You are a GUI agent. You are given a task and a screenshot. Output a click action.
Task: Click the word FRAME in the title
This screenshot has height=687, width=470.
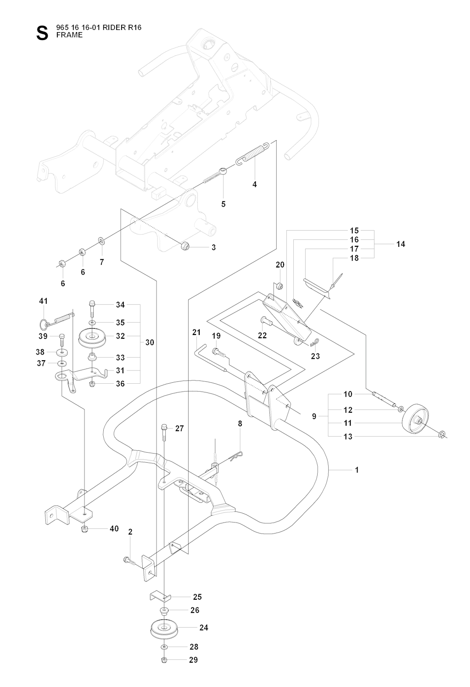click(70, 35)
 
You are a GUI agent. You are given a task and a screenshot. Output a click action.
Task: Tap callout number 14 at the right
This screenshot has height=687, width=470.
click(400, 244)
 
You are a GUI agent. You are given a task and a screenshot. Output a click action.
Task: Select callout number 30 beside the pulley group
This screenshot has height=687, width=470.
click(150, 342)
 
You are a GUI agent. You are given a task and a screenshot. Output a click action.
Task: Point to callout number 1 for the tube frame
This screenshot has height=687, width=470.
click(357, 470)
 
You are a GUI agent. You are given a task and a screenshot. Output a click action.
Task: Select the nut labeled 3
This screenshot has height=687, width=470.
click(185, 246)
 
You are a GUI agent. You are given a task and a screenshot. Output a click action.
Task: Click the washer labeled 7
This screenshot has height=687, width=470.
click(101, 241)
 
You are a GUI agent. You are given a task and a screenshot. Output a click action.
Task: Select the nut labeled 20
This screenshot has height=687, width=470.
click(279, 286)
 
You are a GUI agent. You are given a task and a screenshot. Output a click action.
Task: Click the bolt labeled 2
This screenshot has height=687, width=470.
click(130, 560)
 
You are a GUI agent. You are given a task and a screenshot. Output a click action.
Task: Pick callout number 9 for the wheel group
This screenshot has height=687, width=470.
click(314, 416)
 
